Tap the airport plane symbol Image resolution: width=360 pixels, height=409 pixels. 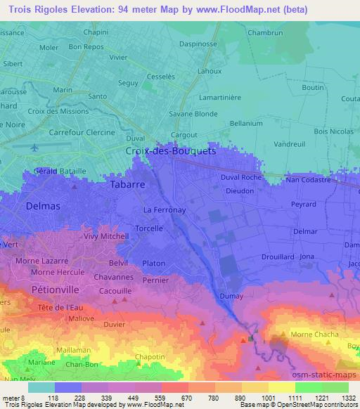pyautogui.click(x=35, y=148)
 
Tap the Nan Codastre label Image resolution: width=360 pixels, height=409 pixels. pyautogui.click(x=307, y=181)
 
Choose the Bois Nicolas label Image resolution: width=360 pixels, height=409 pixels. pyautogui.click(x=333, y=131)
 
